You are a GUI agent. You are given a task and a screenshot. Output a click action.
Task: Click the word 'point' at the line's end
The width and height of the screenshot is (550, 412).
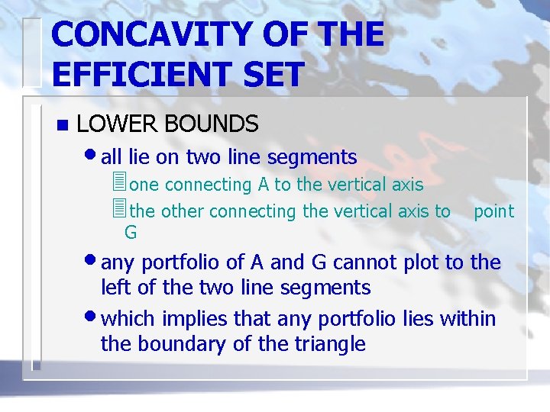tap(493, 211)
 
